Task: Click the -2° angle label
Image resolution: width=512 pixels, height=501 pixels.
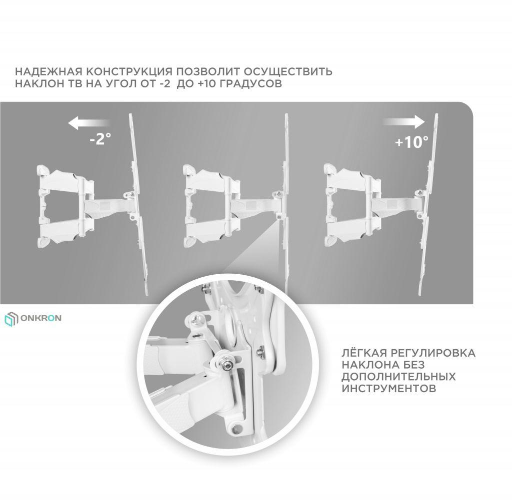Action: (100, 139)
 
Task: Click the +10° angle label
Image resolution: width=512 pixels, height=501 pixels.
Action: (411, 142)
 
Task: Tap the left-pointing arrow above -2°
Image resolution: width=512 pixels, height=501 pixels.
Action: (89, 123)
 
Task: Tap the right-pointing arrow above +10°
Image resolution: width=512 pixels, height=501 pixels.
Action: (404, 121)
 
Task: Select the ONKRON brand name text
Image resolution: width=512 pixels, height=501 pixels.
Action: (41, 318)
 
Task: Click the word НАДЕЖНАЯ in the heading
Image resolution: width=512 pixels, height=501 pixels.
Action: (48, 71)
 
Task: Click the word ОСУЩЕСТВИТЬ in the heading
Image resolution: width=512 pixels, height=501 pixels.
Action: (288, 71)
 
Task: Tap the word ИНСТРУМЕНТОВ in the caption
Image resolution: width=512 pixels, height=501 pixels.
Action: (389, 389)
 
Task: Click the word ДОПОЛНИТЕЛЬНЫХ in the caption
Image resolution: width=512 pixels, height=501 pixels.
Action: (398, 377)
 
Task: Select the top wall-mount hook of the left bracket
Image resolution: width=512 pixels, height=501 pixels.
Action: (42, 170)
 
